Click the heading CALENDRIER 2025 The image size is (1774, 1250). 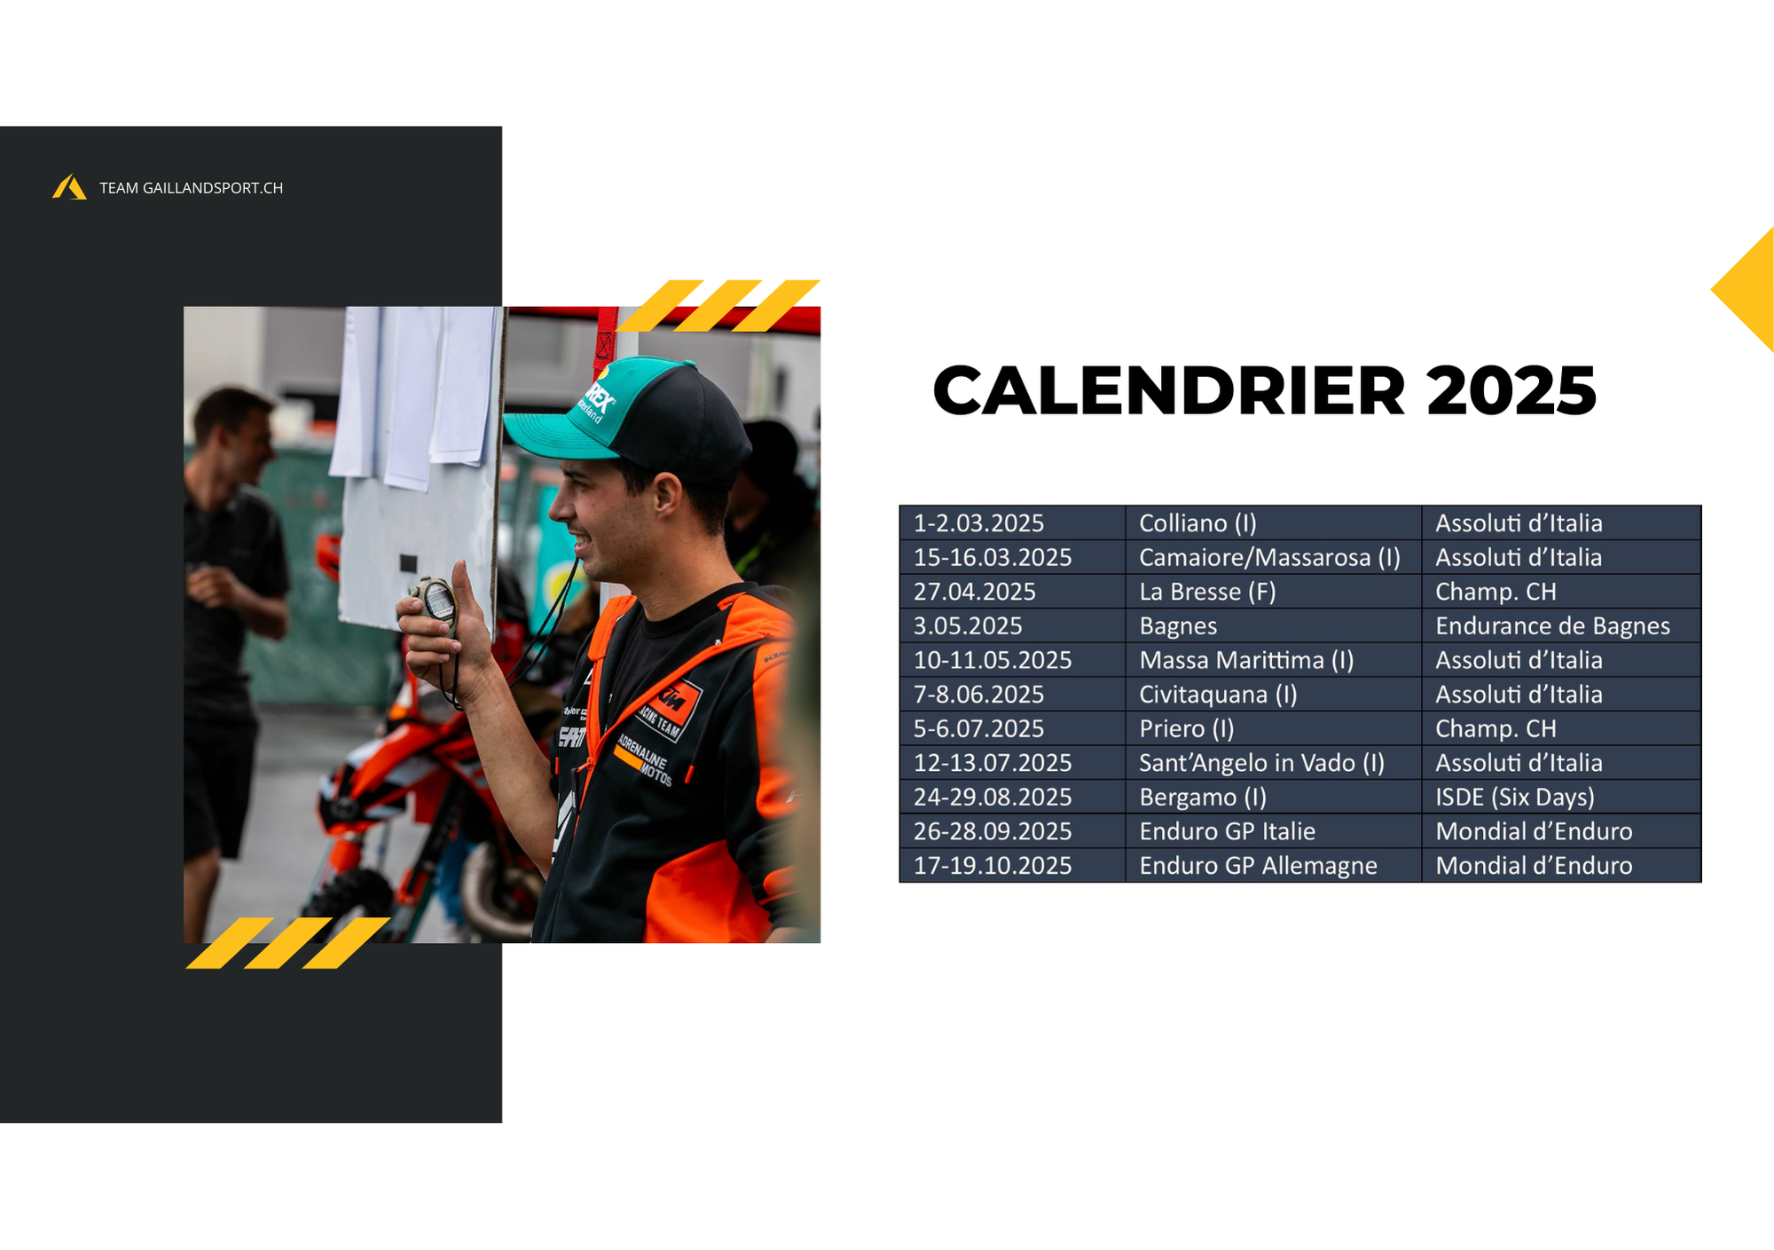(x=1264, y=390)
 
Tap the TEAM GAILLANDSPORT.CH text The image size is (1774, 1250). (x=191, y=188)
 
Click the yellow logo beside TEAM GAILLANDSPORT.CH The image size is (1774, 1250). (x=69, y=187)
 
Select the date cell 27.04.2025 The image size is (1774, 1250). (x=1012, y=592)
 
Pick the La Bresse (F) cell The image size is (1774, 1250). (x=1273, y=592)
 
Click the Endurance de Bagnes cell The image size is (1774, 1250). (x=1561, y=626)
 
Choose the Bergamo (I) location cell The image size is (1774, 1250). (x=1273, y=798)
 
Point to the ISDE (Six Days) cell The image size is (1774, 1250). (x=1561, y=798)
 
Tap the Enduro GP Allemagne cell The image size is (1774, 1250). (x=1273, y=866)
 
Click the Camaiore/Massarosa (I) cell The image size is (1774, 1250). (x=1273, y=558)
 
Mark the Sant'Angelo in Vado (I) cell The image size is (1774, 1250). (x=1273, y=763)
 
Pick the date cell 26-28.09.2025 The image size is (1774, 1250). (x=1012, y=832)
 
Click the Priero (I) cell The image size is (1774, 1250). (x=1273, y=729)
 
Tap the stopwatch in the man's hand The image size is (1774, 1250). (x=436, y=601)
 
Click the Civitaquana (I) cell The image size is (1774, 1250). (x=1273, y=695)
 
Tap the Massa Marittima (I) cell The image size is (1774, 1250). (x=1273, y=661)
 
